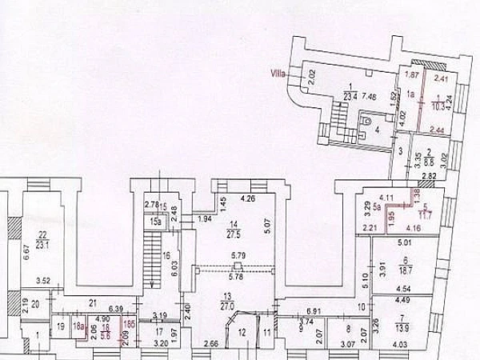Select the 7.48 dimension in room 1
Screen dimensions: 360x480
click(370, 97)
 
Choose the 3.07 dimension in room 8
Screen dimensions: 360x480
click(348, 345)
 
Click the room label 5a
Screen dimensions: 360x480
click(376, 206)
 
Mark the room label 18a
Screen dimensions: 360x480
click(78, 326)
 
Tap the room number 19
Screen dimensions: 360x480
click(60, 326)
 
